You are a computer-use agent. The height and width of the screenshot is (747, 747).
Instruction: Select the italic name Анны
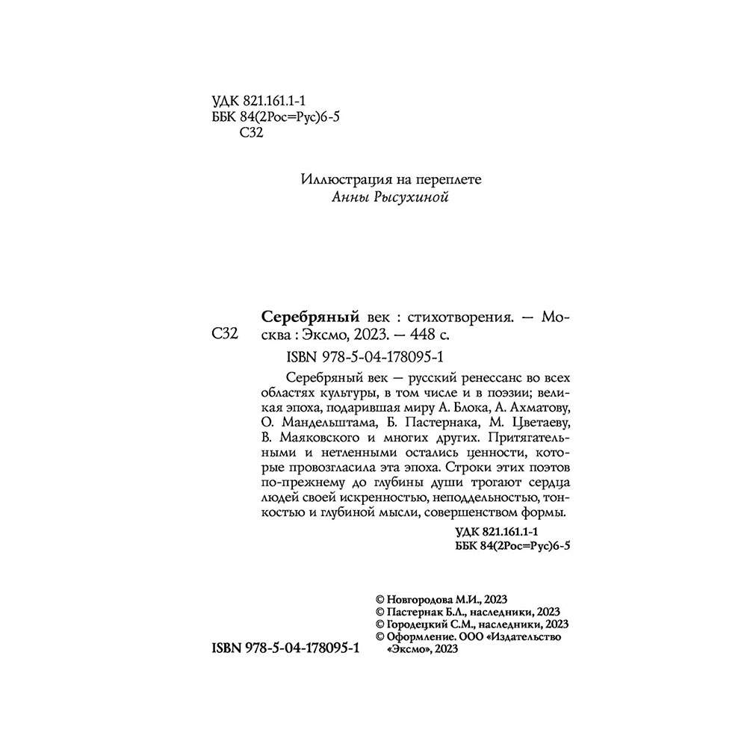click(347, 197)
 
